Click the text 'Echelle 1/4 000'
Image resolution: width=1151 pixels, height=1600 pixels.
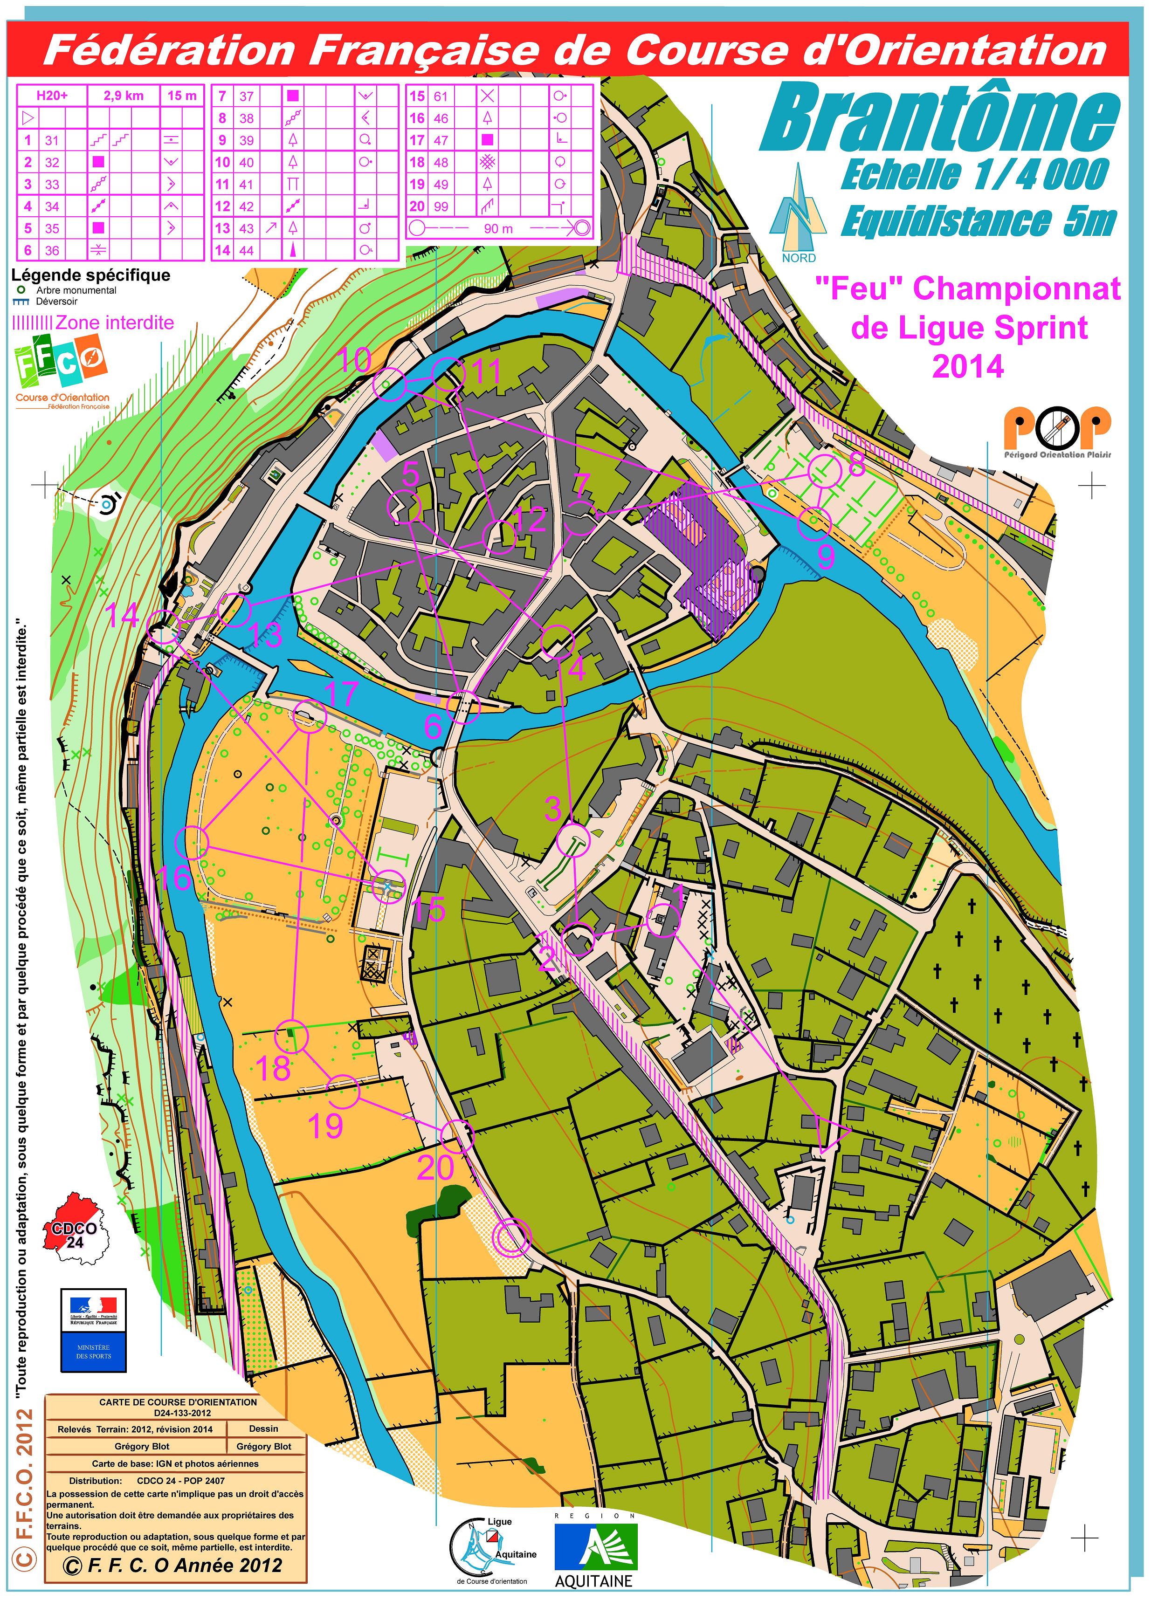[974, 175]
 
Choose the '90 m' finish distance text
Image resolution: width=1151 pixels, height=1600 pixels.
[498, 228]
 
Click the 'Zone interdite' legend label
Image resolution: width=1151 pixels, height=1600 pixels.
[114, 323]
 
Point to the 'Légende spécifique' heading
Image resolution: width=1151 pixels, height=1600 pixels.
[90, 275]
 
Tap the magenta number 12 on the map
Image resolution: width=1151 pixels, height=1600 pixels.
[531, 520]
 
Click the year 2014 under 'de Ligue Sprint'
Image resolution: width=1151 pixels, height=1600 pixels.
[967, 367]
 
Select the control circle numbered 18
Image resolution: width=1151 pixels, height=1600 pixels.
[291, 1037]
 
